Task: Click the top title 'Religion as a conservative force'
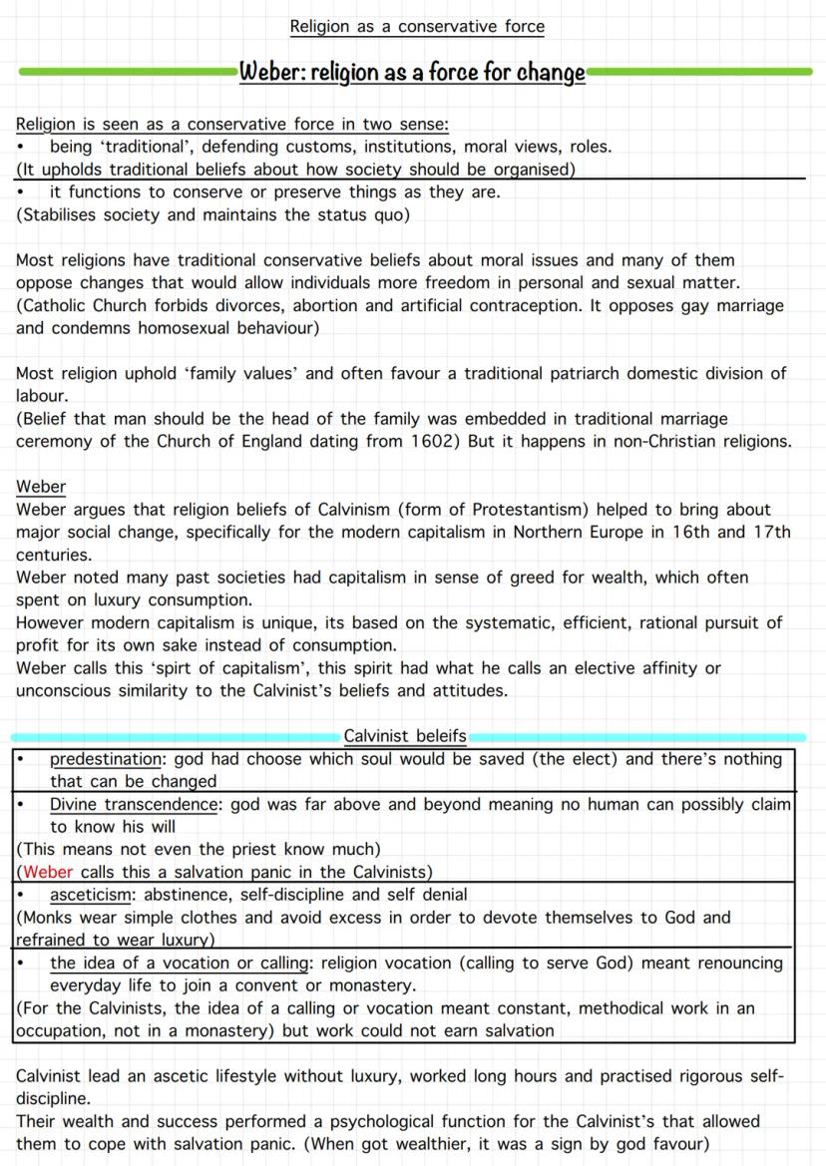click(x=417, y=27)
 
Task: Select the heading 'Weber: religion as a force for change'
click(x=412, y=73)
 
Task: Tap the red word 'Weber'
click(x=48, y=872)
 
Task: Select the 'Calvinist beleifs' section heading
click(x=405, y=736)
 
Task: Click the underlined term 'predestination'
click(x=106, y=759)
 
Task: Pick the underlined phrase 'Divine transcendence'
click(x=133, y=804)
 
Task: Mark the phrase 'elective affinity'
click(x=630, y=667)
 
